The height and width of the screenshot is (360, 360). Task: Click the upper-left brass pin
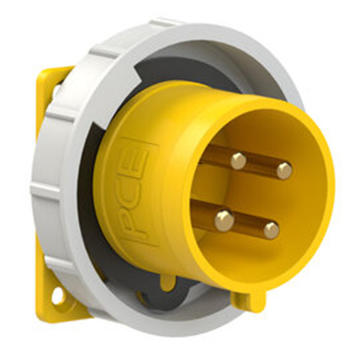click(x=239, y=160)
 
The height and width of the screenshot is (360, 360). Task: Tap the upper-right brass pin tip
click(x=284, y=171)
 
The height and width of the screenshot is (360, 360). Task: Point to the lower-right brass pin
click(x=270, y=230)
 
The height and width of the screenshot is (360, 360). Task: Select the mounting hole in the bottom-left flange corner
click(x=57, y=295)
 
